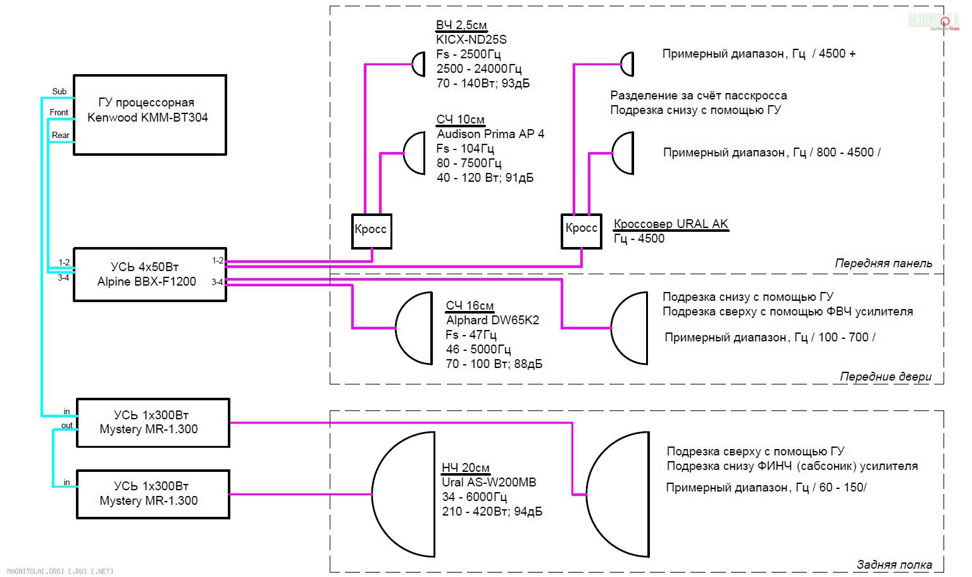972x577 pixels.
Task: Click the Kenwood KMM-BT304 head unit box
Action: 150,115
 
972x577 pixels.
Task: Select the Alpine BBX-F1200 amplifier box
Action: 150,274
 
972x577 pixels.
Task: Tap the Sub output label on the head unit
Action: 59,92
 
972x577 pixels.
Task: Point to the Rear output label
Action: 61,135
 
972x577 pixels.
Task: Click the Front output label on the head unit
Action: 59,113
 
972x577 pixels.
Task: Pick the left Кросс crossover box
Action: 371,231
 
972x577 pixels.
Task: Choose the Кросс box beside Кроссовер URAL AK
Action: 581,231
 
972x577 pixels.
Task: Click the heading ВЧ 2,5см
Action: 461,25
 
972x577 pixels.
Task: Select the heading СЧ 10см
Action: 461,120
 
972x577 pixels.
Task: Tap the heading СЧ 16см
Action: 470,306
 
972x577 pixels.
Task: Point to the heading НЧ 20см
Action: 466,467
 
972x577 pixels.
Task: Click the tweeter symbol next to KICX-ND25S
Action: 418,64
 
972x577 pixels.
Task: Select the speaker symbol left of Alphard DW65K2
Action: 415,328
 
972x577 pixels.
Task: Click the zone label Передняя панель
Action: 883,263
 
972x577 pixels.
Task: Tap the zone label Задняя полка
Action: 894,564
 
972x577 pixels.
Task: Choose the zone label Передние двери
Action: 885,376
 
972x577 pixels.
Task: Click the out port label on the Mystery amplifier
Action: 67,426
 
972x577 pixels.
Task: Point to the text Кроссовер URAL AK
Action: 671,224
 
